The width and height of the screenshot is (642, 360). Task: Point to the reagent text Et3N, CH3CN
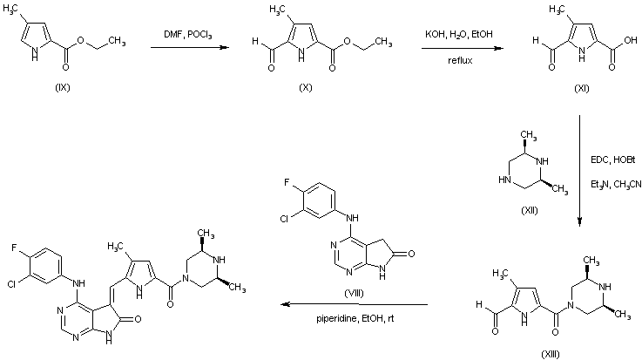pyautogui.click(x=618, y=184)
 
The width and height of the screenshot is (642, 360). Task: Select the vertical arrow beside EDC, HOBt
pyautogui.click(x=581, y=174)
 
